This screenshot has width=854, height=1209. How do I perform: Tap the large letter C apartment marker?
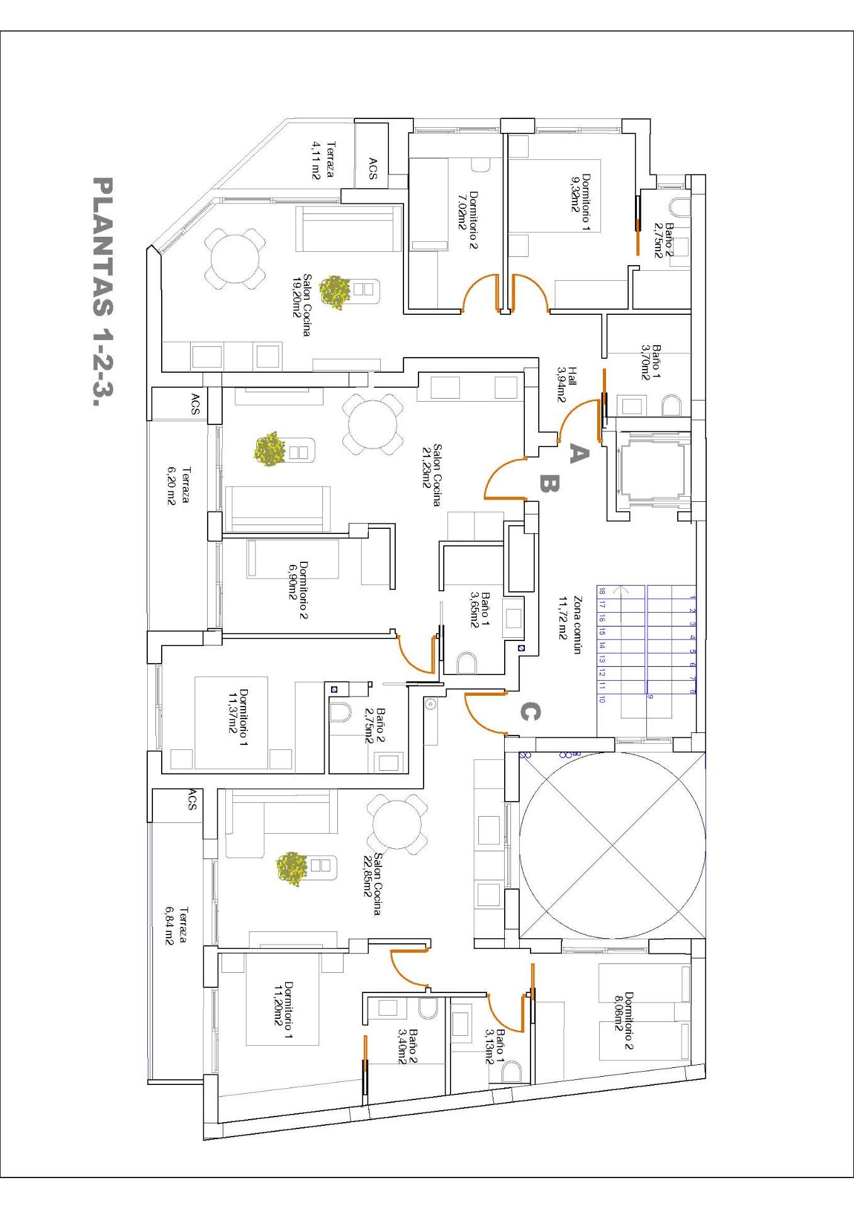(529, 712)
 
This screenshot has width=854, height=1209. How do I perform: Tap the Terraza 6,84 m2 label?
(177, 926)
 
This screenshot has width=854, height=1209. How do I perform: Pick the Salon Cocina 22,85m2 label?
(372, 884)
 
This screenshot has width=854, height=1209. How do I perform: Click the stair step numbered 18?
(602, 591)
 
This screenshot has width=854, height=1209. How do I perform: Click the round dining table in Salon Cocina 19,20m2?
(235, 259)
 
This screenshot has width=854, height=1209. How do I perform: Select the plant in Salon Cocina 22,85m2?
(292, 869)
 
